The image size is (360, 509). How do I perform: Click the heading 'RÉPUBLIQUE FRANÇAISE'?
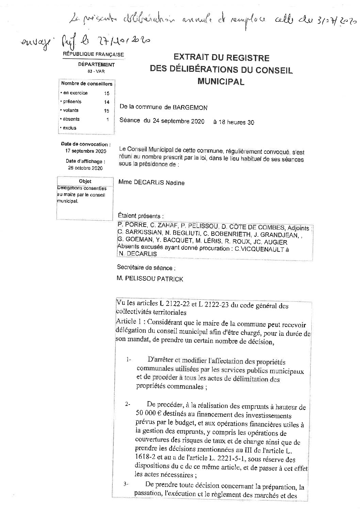[x=93, y=54]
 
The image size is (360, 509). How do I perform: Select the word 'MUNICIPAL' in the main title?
[x=221, y=82]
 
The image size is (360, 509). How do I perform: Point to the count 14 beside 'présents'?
[x=107, y=102]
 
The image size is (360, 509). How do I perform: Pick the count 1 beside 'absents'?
[x=108, y=119]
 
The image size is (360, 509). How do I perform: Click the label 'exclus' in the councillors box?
[x=69, y=128]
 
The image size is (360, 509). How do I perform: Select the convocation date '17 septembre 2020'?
[x=86, y=151]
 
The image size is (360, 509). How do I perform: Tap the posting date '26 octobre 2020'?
[x=85, y=168]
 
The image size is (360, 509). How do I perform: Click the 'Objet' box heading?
[x=85, y=182]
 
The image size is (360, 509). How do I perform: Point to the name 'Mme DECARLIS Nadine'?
[x=151, y=183]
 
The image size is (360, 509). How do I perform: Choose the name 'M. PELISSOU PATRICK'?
[x=150, y=279]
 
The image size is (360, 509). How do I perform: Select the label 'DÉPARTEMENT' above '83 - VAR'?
[x=96, y=65]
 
